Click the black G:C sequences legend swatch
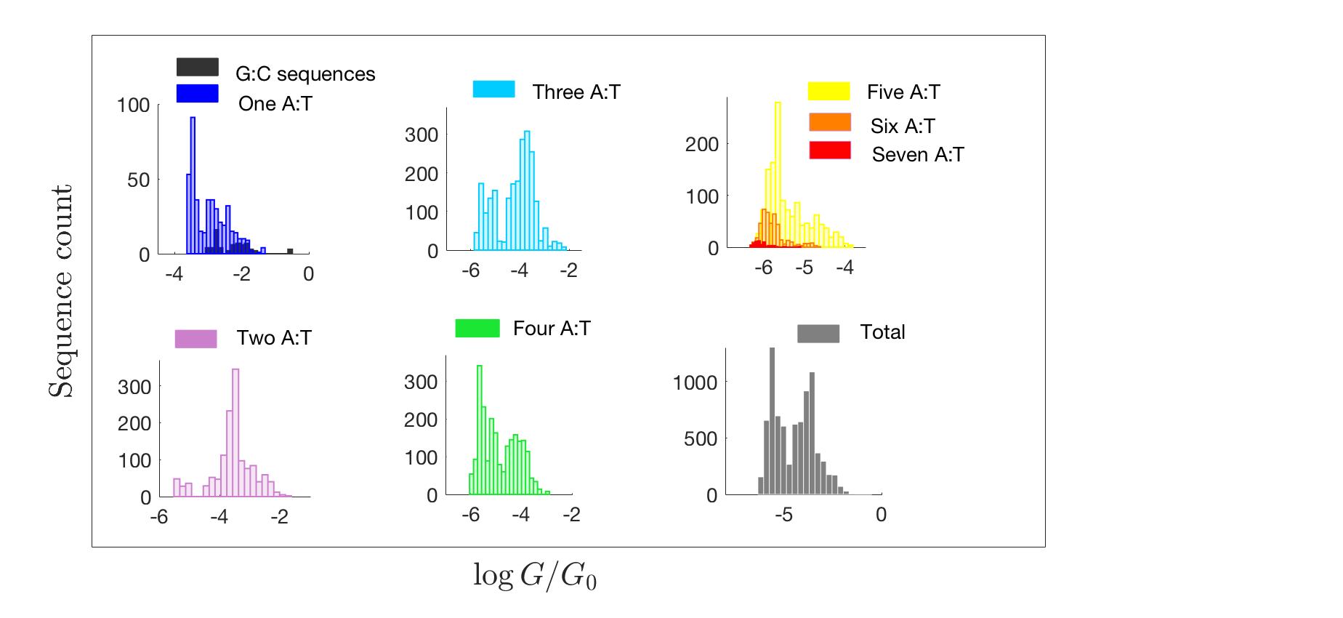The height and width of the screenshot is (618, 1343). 197,67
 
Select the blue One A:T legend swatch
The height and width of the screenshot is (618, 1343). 197,94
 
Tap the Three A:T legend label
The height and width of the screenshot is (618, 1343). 576,92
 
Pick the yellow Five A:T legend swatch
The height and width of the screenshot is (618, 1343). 828,92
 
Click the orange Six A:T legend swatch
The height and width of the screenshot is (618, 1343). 829,123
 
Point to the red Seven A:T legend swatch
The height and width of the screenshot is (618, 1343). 829,151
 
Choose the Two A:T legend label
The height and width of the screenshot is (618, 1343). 274,338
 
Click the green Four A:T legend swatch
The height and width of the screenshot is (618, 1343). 477,329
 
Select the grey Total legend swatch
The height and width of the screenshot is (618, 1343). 818,333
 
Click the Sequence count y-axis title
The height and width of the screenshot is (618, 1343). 62,291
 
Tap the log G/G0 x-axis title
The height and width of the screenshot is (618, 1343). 535,576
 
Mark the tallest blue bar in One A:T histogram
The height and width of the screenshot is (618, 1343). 193,185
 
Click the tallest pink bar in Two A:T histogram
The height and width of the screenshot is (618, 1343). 235,433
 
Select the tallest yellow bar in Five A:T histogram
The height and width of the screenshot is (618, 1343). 778,174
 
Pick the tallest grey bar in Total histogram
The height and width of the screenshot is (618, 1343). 772,422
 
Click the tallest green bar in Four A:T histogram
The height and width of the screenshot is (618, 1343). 479,429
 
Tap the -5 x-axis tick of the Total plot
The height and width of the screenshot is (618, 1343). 783,515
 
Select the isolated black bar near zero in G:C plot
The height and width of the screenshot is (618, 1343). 290,252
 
